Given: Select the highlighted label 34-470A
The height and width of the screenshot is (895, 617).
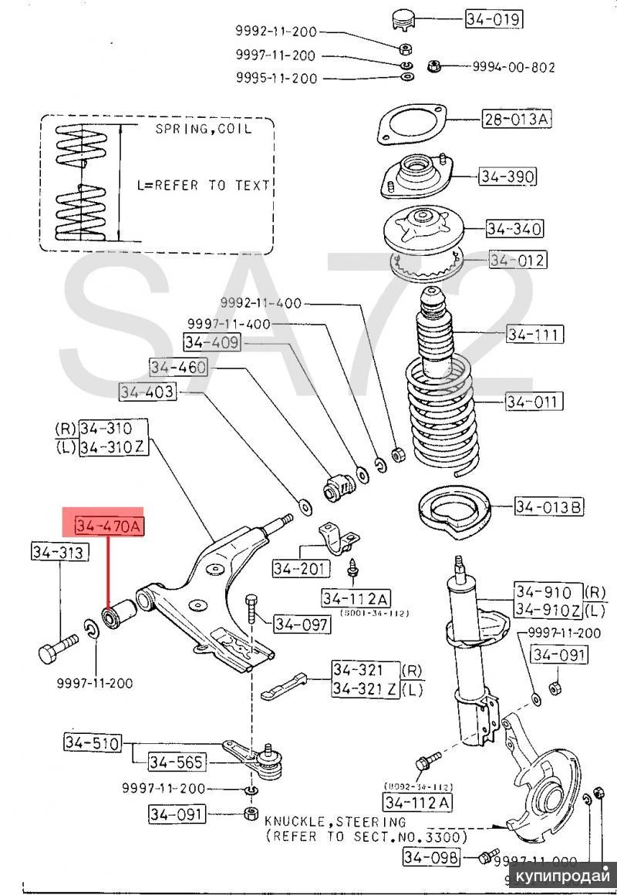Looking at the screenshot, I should pos(109,527).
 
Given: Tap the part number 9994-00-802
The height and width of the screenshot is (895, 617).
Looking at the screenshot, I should pos(508,67).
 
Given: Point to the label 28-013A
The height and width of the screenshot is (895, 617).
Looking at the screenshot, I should pos(518,119).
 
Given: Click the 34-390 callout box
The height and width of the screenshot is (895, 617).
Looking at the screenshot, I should pos(506,177).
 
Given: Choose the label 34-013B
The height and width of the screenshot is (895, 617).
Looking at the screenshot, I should pos(550,506).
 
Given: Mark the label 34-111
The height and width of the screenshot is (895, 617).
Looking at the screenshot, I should pos(534,335).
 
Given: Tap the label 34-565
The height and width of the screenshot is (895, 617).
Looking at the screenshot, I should pos(177,762).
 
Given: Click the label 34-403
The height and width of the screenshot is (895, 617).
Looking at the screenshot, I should pos(147,392).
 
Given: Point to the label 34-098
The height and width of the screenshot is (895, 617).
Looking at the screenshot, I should pos(430,856).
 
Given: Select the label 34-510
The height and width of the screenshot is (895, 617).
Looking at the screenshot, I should pos(92,744).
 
